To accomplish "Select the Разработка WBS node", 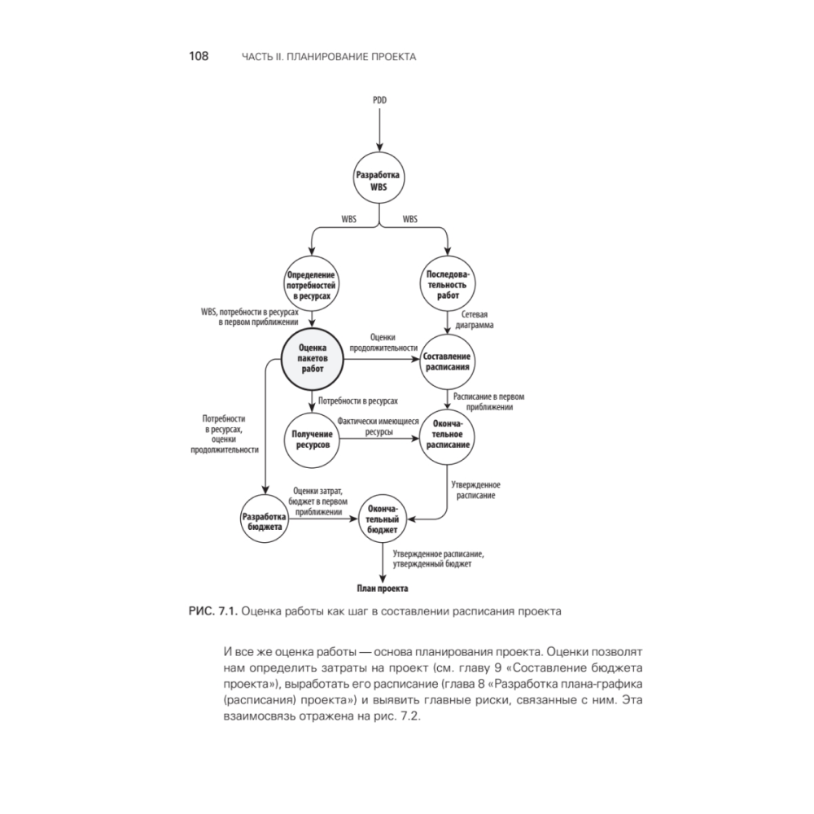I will (x=379, y=181).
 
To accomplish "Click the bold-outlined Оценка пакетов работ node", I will (x=313, y=358).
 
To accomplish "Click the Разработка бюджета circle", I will (x=262, y=521).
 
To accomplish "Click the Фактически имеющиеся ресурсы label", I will (x=378, y=427).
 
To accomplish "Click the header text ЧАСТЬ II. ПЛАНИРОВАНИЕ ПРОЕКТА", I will (x=330, y=57).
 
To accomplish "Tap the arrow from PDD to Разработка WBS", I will (x=379, y=129).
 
